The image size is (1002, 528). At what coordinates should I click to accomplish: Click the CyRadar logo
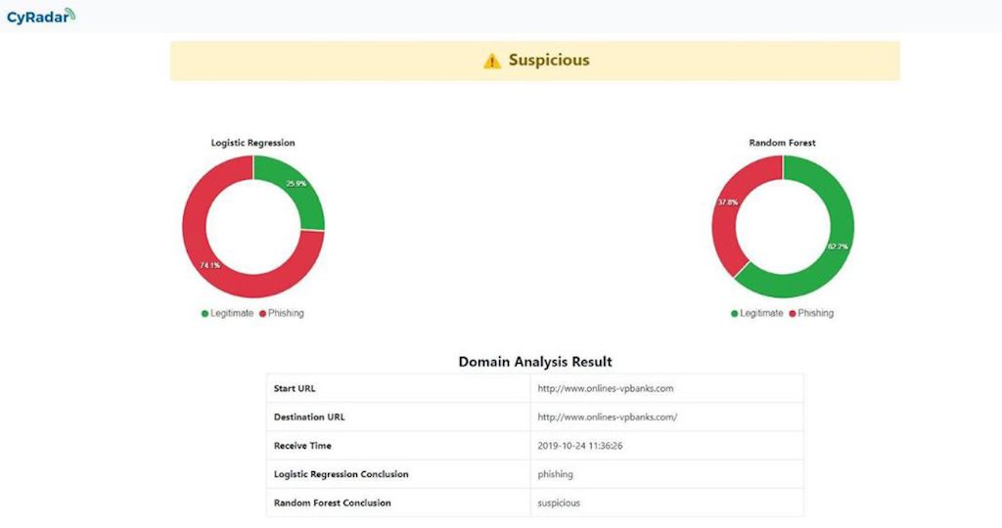click(x=40, y=17)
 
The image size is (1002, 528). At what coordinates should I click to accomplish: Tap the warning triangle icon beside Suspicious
click(x=492, y=61)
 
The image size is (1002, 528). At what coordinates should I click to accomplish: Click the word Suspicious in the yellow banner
click(x=549, y=60)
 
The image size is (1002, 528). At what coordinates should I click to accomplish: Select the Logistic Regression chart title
click(x=252, y=143)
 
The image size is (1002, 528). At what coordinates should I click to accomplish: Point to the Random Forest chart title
click(x=782, y=143)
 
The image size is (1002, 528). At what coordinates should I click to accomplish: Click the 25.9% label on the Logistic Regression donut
click(x=296, y=184)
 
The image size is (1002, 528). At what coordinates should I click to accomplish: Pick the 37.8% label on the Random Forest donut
click(x=727, y=202)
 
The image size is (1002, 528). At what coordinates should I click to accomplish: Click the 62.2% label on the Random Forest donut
click(x=838, y=246)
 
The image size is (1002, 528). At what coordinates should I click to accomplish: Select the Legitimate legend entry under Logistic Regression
click(x=228, y=313)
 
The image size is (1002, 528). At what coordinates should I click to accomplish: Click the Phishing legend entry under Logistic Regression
click(x=282, y=313)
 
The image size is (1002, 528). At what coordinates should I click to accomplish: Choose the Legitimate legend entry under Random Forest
click(x=757, y=313)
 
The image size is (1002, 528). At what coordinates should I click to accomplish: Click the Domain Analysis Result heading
click(x=535, y=362)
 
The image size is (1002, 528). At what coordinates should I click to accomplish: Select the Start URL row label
click(x=295, y=388)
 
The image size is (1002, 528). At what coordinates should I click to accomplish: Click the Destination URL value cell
click(x=608, y=417)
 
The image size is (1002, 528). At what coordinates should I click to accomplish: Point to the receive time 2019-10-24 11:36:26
click(x=580, y=446)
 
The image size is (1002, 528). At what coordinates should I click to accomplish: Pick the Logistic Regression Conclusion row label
click(x=341, y=474)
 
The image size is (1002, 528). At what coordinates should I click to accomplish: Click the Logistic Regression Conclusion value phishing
click(x=556, y=474)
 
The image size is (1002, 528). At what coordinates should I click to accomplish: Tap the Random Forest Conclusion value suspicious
click(x=559, y=503)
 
